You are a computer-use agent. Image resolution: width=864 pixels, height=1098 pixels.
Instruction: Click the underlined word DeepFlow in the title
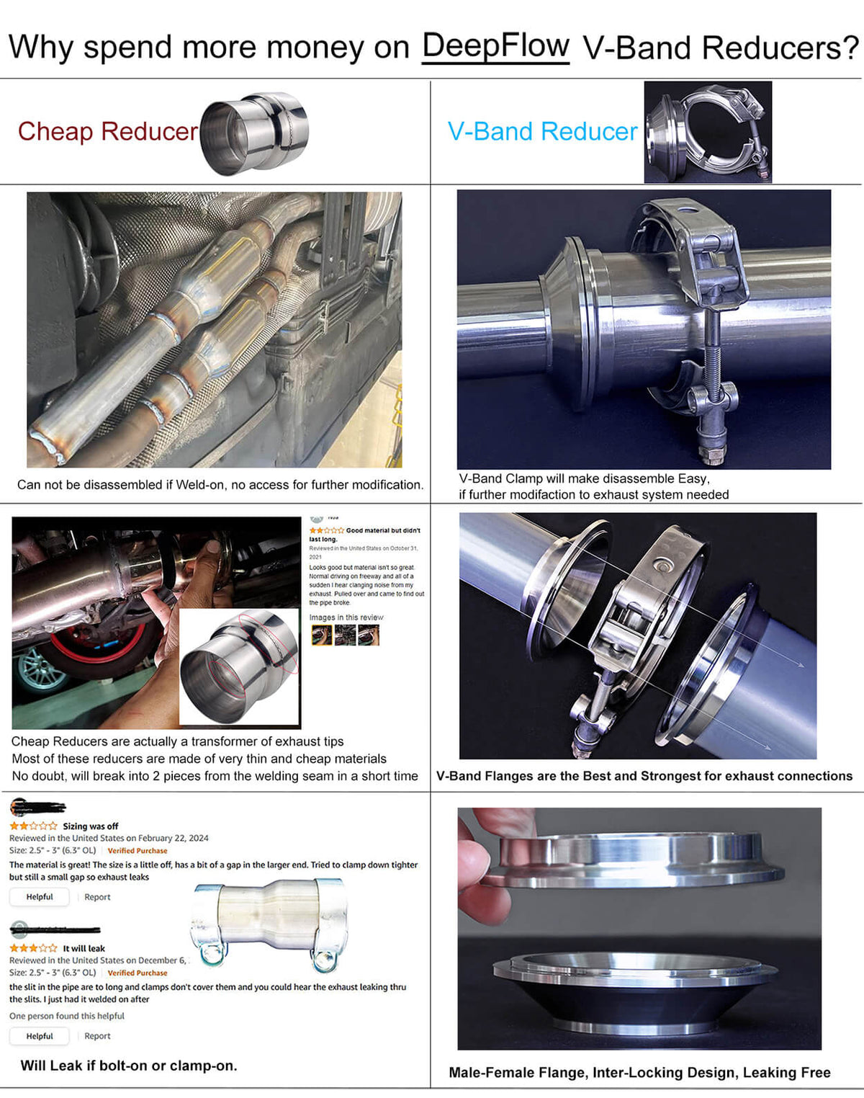[x=495, y=46]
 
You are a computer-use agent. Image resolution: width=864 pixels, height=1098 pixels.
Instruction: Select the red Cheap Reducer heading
[x=107, y=131]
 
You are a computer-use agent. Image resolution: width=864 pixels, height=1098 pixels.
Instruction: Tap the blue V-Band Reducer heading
[x=542, y=131]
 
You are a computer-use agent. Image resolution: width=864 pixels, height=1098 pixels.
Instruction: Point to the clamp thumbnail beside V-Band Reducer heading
[x=707, y=132]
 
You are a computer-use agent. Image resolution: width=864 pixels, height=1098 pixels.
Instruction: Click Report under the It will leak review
[x=97, y=1036]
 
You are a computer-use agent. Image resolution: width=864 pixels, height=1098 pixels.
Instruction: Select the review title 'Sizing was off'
[x=90, y=826]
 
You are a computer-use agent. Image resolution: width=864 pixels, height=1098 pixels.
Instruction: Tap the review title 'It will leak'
[x=84, y=948]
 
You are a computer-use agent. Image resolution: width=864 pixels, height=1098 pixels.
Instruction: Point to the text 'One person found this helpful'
[x=67, y=1016]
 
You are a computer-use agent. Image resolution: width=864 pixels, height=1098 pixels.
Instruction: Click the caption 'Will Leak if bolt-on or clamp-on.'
[x=129, y=1066]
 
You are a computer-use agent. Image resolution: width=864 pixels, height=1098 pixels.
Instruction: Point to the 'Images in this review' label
[x=346, y=617]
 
